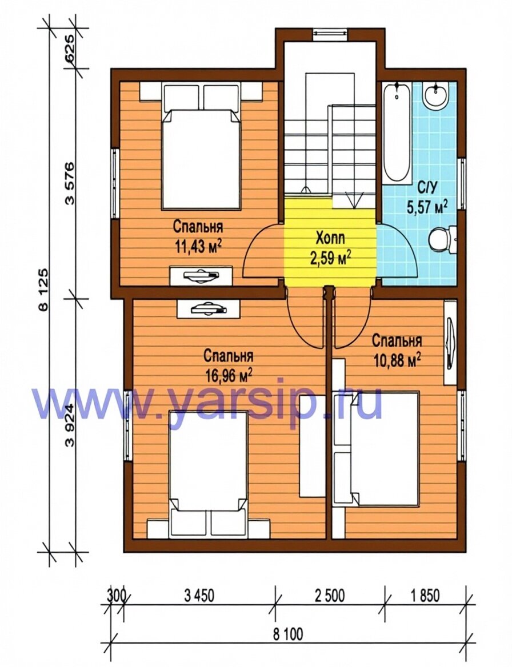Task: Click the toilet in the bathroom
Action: pyautogui.click(x=441, y=238)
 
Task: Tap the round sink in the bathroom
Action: pyautogui.click(x=435, y=94)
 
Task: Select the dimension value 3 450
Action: pyautogui.click(x=199, y=596)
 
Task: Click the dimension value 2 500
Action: pyautogui.click(x=330, y=596)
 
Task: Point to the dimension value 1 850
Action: pyautogui.click(x=425, y=596)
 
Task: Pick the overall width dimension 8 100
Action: pyautogui.click(x=287, y=634)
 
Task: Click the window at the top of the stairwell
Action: pyautogui.click(x=330, y=33)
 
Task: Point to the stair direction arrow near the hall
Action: pyautogui.click(x=354, y=200)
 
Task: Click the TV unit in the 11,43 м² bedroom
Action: pyautogui.click(x=201, y=276)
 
